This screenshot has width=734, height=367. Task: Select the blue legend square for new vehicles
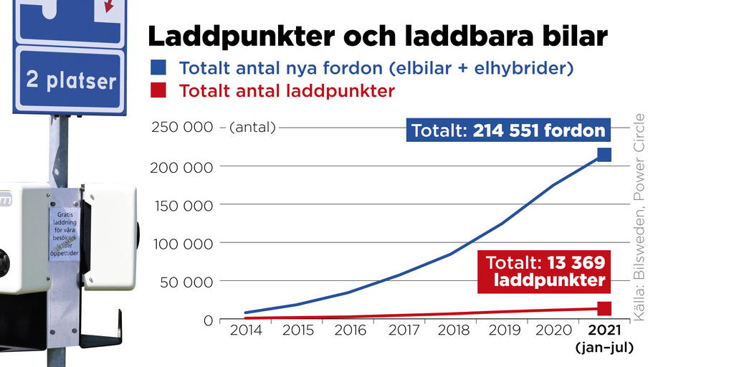click(x=158, y=68)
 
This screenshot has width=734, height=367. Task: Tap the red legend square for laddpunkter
click(x=158, y=90)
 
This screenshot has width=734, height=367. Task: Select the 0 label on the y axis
click(x=209, y=320)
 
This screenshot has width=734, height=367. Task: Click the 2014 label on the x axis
click(x=247, y=330)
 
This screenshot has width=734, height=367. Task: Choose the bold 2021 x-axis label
click(x=604, y=330)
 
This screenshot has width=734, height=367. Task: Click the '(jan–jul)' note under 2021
click(x=604, y=348)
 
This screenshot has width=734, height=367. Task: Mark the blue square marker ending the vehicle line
click(x=604, y=154)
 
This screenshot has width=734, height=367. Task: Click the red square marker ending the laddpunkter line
click(x=604, y=308)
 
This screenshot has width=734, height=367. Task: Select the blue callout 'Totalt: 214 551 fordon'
click(x=508, y=131)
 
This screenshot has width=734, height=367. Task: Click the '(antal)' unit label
click(x=252, y=128)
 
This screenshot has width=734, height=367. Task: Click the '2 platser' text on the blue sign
click(x=70, y=80)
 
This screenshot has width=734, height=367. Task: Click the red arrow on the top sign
click(x=109, y=6)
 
